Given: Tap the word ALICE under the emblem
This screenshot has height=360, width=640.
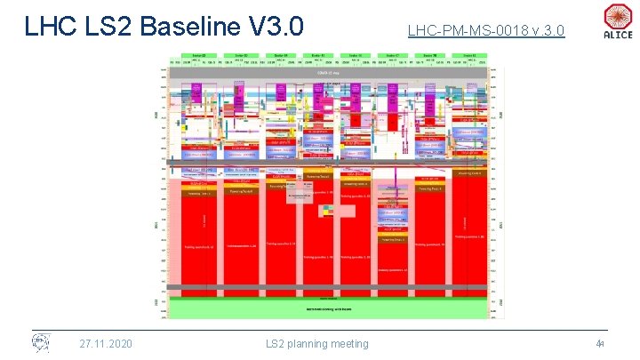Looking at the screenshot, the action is coord(618,36).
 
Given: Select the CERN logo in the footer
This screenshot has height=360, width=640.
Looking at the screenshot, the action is coord(41,343).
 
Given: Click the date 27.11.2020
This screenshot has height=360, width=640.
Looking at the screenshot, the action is coord(106,344).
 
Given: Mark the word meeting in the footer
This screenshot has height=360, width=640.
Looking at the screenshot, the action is coord(353,344).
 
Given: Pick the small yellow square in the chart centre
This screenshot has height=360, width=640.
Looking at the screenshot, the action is coord(327,210).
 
